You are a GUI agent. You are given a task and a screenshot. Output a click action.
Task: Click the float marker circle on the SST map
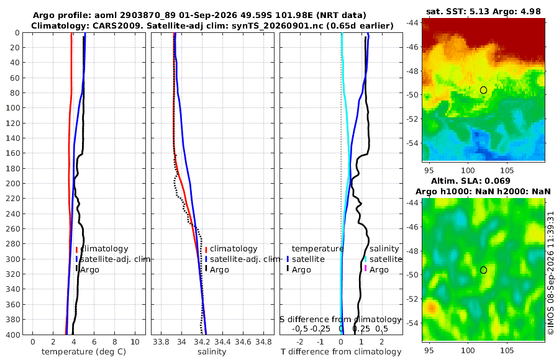[x=483, y=90]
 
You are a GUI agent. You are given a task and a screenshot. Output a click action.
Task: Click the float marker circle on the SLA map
[x=483, y=270]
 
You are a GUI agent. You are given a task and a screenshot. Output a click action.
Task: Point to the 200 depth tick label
[x=13, y=183]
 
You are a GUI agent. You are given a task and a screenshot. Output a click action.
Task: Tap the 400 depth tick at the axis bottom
[x=13, y=335]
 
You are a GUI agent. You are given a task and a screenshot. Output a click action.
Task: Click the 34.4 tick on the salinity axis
[x=222, y=342]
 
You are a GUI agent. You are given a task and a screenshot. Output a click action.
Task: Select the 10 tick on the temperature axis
[x=135, y=342]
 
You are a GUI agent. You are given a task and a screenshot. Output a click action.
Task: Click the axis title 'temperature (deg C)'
[x=84, y=352]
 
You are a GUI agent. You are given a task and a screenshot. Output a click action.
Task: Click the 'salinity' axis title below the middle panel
[x=212, y=352]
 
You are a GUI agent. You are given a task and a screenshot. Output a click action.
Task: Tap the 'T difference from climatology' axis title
[x=341, y=352]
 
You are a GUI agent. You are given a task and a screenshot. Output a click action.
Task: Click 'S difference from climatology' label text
[x=341, y=319]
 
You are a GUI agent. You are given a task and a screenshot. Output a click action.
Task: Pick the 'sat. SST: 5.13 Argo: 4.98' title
[x=483, y=11]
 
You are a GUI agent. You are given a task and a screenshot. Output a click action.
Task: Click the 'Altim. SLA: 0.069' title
[x=471, y=181]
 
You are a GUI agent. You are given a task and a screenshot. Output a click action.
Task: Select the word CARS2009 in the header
[x=114, y=25]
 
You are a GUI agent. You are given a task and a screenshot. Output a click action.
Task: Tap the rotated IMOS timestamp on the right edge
[x=551, y=273]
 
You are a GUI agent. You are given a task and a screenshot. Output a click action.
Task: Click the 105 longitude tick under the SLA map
[x=507, y=351]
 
